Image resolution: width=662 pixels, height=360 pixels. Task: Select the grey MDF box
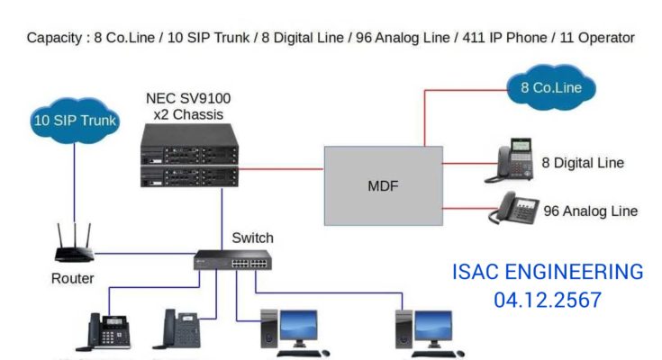[383, 186]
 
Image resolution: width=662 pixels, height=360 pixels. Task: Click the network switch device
[231, 260]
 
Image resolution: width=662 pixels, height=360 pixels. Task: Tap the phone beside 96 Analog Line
[513, 210]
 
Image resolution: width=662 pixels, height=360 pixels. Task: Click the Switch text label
[252, 238]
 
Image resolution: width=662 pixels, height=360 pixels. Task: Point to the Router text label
[72, 279]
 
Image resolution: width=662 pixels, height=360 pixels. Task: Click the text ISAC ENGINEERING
[548, 273]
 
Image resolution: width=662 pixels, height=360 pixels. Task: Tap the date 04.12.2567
[548, 301]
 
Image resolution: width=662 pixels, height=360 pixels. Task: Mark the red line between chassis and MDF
[280, 167]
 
